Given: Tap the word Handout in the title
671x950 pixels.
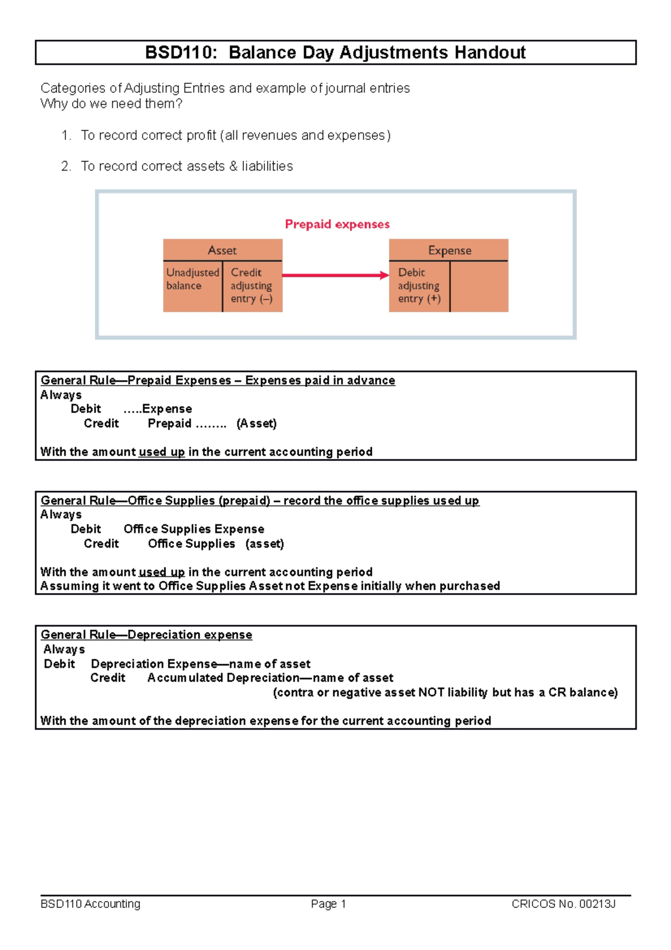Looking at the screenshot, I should coord(490,53).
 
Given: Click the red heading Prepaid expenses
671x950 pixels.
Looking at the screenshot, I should coord(337,224).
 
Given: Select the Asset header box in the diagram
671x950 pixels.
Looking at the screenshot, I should coord(223,250).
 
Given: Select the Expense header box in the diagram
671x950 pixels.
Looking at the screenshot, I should coord(449,250).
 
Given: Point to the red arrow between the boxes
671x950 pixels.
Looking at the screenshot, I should coord(335,275).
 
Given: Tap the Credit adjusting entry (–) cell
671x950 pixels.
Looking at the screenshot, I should coord(252,285).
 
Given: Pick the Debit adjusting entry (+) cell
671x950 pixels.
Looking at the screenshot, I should coord(419,285).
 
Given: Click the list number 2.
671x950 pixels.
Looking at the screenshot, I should coord(66,166).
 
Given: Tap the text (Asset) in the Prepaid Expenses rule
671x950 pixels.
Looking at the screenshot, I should coord(256,424).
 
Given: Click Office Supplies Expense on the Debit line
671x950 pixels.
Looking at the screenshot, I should coord(193,529).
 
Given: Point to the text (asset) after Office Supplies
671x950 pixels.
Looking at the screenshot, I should coord(264,544).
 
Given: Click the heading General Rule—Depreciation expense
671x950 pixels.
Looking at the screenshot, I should coord(147,635).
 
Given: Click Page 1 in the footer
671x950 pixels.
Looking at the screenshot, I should coord(329,904).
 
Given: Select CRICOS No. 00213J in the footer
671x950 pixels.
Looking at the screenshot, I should coord(563,904).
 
